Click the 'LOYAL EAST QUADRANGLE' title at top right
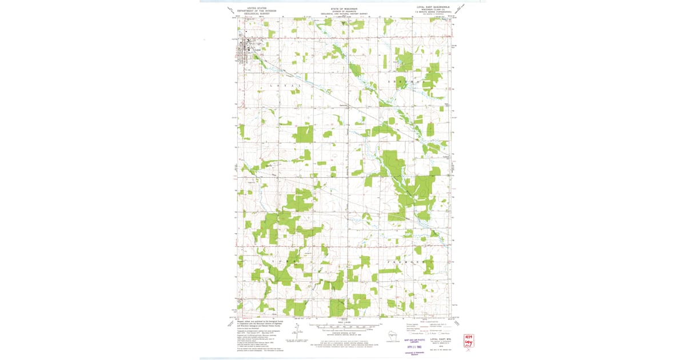(x=433, y=7)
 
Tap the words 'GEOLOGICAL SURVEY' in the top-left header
(x=257, y=14)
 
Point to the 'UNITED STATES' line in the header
(x=257, y=7)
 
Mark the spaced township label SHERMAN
(x=408, y=83)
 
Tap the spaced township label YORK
(x=285, y=261)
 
